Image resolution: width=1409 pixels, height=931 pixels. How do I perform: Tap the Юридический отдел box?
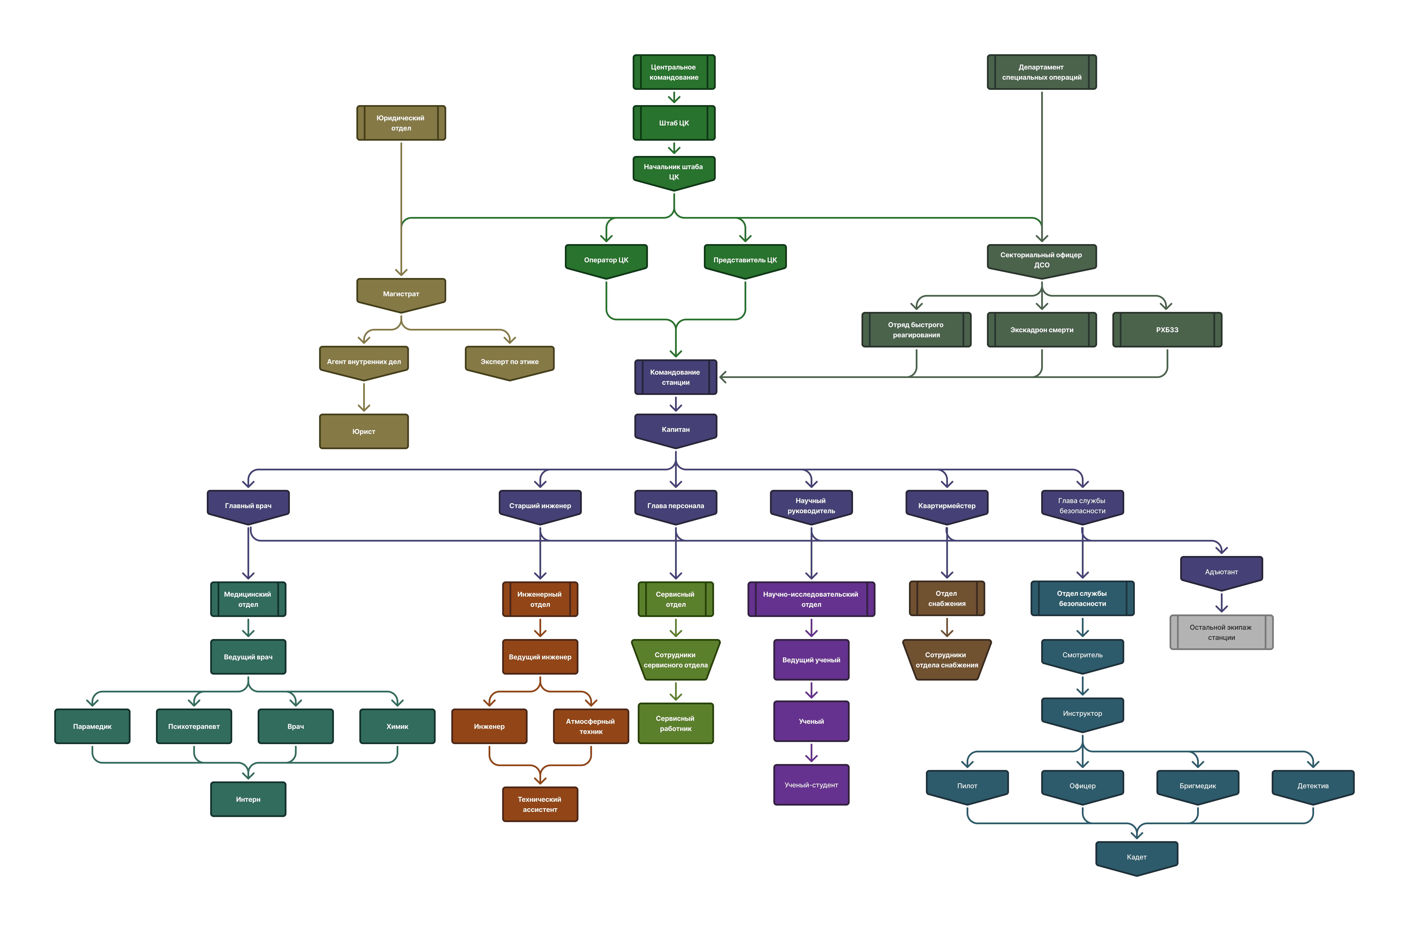[x=401, y=123]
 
